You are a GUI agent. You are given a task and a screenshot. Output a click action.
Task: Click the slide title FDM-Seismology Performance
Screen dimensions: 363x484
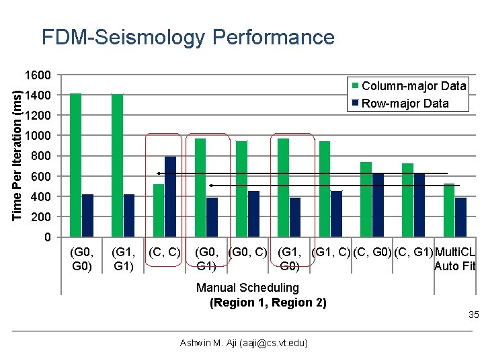click(x=188, y=37)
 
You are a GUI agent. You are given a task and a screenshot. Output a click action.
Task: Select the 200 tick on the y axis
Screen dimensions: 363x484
click(x=42, y=217)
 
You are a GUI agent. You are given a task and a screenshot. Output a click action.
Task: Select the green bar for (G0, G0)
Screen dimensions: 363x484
click(x=75, y=165)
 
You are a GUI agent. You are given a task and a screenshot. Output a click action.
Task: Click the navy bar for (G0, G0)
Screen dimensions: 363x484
click(x=87, y=215)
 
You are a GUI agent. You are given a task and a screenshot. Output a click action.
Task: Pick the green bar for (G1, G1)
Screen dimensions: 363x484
click(x=117, y=165)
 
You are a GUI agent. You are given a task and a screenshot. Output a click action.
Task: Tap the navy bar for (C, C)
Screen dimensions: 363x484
click(x=171, y=196)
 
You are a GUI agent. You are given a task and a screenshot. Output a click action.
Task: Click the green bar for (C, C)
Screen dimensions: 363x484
click(x=159, y=210)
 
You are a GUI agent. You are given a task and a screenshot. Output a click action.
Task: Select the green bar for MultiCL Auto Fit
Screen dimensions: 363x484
click(x=448, y=210)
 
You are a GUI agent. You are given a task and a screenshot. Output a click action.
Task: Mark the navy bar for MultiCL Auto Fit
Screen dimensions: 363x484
click(x=460, y=217)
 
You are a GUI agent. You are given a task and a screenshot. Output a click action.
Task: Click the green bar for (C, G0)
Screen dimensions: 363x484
click(x=366, y=199)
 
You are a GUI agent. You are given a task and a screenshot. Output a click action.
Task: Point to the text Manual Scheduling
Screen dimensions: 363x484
click(x=247, y=288)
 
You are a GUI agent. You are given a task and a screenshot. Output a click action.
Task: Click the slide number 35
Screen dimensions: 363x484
click(x=473, y=315)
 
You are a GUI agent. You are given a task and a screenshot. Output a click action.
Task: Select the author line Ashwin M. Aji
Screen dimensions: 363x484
click(x=244, y=344)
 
